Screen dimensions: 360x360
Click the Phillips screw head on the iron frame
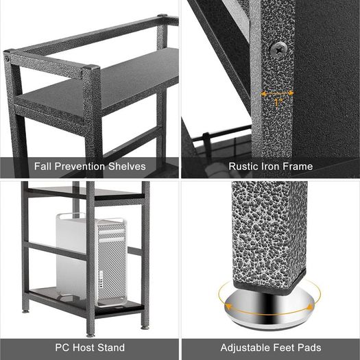click(278, 49)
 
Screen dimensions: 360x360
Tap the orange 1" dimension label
click(278, 102)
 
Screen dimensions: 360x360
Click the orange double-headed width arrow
click(277, 93)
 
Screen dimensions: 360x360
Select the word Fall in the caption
click(43, 167)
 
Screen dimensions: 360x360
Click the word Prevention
click(80, 167)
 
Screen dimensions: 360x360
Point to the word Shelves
click(127, 167)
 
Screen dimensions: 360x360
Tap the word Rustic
click(243, 167)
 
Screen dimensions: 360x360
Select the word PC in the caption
click(62, 348)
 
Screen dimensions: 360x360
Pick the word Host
click(84, 348)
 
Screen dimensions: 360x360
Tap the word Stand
click(111, 348)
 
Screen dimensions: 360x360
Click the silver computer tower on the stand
click(92, 260)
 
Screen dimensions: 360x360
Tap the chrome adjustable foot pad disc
click(270, 309)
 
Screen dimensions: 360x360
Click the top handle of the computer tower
click(69, 215)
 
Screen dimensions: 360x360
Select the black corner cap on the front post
click(91, 67)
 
